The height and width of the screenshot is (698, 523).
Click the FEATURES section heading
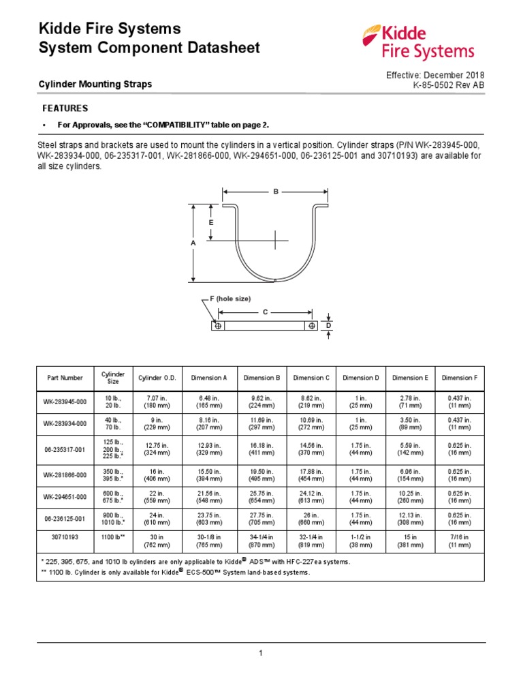tap(65, 108)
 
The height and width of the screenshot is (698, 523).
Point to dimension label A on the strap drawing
tap(193, 243)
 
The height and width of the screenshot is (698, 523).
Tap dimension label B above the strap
tap(276, 192)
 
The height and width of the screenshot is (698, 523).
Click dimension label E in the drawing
tap(211, 223)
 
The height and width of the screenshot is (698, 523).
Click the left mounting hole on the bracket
tap(218, 327)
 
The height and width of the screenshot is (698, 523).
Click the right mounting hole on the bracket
tap(311, 327)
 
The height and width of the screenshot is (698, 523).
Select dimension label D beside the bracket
tap(328, 327)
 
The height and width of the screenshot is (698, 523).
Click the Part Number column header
tap(65, 378)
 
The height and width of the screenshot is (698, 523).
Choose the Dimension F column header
tap(460, 378)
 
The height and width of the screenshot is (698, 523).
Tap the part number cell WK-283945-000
tap(65, 401)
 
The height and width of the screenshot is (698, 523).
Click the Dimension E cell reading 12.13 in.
tap(410, 519)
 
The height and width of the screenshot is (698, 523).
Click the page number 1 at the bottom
tap(261, 653)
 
